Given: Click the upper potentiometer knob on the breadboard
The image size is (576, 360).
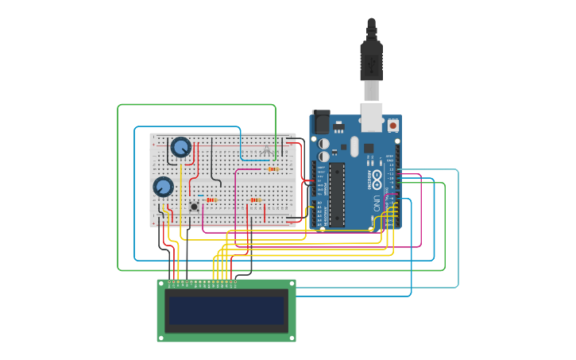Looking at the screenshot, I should point(181,146).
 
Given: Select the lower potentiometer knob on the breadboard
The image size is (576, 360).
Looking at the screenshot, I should point(163,186).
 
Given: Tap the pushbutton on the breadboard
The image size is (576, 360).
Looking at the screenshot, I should point(194,207).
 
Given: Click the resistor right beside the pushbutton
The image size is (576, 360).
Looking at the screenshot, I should point(211,200).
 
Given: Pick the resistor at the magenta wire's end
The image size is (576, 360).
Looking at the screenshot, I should point(273,168).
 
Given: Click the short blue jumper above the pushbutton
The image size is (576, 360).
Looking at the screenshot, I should point(200,195).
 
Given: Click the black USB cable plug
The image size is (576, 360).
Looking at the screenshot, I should point(371,60).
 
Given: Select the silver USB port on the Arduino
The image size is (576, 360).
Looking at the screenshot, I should point(371,116).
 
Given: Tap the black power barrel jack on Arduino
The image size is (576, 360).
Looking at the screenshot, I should point(320,121).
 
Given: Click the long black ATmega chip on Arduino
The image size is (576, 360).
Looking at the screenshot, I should point(337,194).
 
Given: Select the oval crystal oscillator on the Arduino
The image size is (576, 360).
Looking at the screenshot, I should point(354,146).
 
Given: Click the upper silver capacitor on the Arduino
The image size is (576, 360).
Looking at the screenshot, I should point(324,144).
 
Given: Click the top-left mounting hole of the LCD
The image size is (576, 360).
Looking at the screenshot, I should point(161,284).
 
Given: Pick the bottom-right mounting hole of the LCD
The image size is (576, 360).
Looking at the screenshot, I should point(292,338).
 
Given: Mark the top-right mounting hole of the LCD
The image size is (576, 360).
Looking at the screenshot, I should point(292,284).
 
